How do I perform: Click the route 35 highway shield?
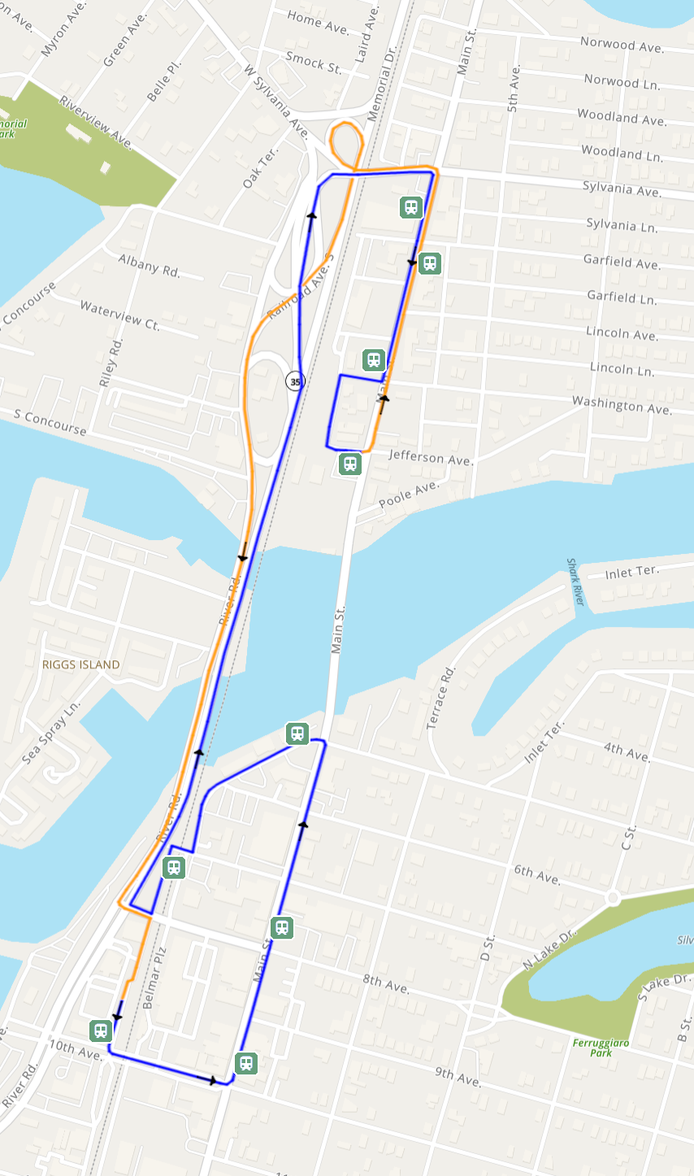click(295, 381)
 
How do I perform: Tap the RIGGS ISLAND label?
click(81, 664)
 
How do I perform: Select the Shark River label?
click(576, 582)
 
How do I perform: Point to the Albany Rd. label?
click(149, 266)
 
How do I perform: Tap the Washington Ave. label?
click(622, 404)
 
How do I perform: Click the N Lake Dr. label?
click(550, 949)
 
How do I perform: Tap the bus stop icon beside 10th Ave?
click(101, 1031)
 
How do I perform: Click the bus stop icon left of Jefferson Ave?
click(349, 464)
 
